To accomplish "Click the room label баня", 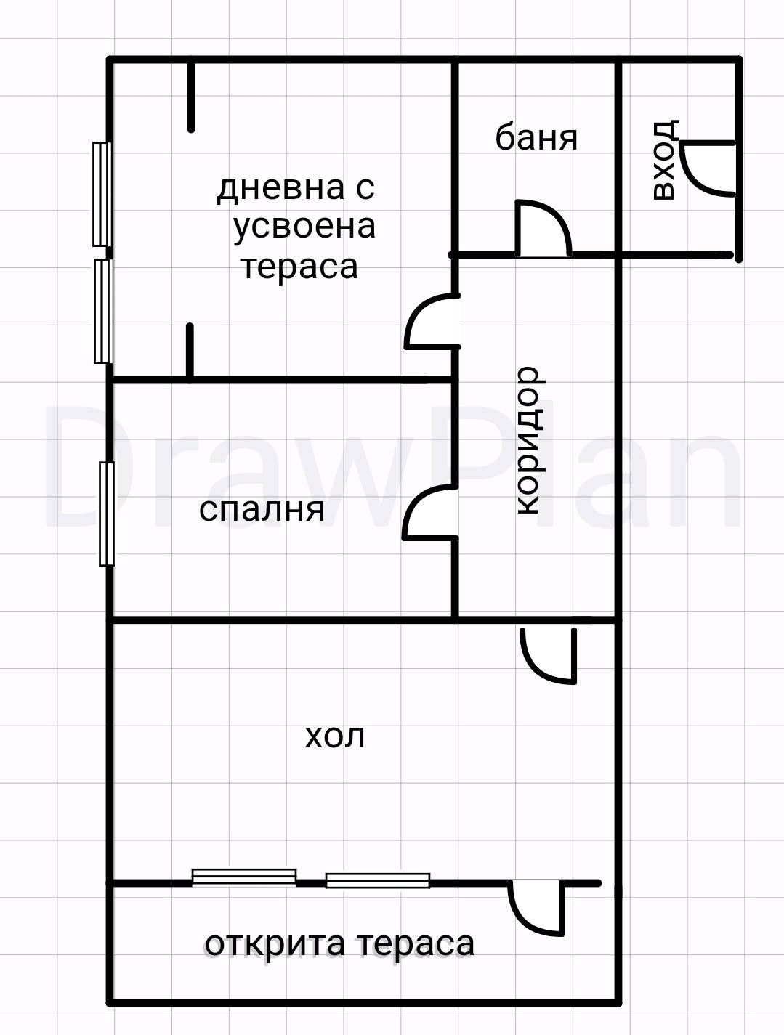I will click(536, 137).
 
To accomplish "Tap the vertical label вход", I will click(664, 160).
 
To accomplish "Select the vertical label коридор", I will click(528, 441).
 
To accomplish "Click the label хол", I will click(334, 736).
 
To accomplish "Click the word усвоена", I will click(304, 227).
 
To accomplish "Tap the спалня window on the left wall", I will click(107, 514).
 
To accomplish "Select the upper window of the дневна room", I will click(102, 194).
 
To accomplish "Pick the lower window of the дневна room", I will click(102, 311).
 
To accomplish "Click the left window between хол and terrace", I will click(243, 877).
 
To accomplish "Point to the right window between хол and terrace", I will click(377, 880).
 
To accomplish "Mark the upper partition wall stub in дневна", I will click(191, 97).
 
